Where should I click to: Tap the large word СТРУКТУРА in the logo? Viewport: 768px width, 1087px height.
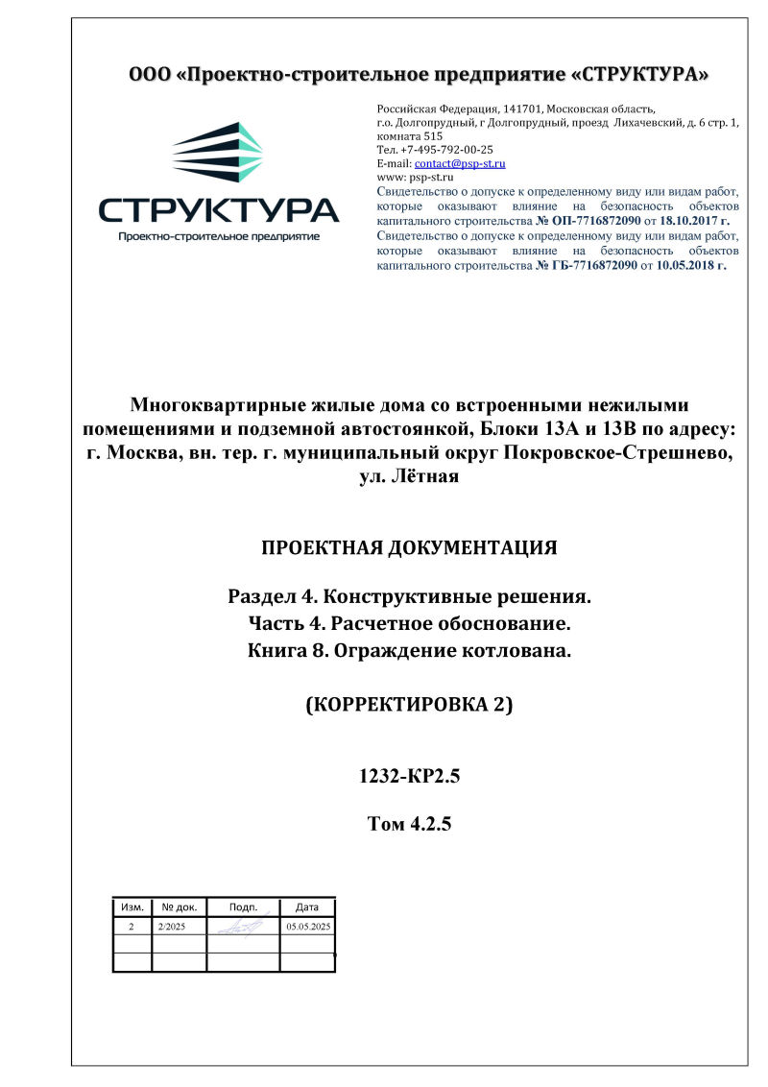(219, 210)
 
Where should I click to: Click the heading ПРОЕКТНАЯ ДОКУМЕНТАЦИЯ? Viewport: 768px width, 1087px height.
(409, 549)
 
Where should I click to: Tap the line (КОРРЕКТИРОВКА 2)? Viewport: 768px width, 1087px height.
(409, 705)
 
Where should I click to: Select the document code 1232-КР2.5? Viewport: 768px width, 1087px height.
(409, 778)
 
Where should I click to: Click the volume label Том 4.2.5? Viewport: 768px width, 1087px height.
(409, 823)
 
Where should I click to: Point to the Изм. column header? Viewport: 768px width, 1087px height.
(132, 906)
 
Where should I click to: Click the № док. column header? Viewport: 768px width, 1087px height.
(180, 906)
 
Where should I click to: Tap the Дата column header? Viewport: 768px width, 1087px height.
(307, 906)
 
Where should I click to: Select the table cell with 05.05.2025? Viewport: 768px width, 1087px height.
(308, 927)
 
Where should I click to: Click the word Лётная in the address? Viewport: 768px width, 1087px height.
(427, 476)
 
